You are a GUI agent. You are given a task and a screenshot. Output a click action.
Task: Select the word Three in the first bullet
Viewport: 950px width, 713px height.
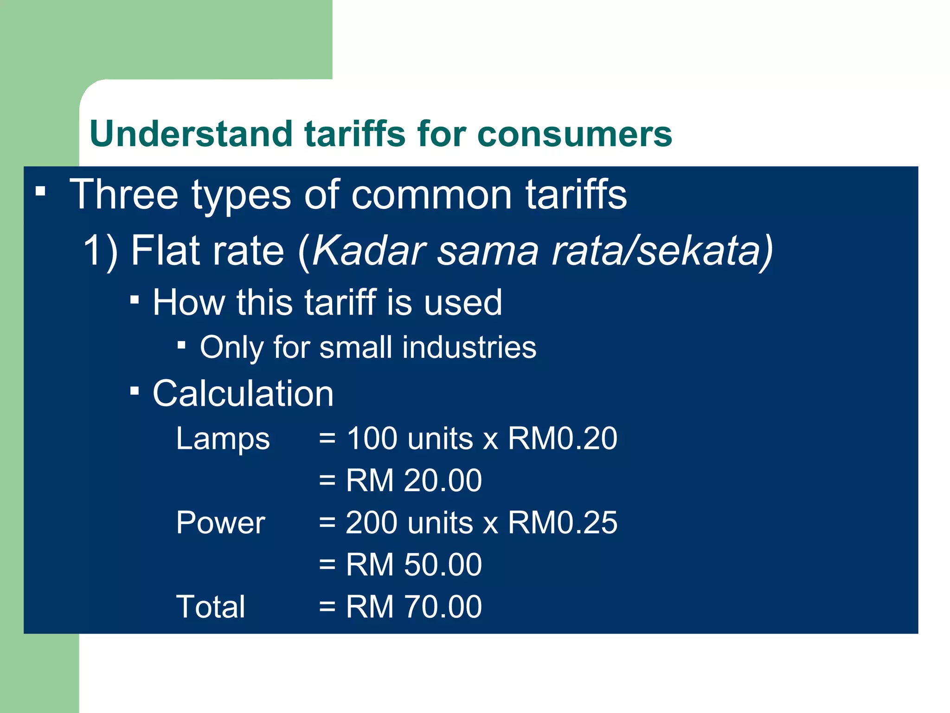click(x=124, y=194)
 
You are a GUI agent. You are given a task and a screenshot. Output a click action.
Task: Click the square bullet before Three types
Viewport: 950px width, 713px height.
click(x=41, y=191)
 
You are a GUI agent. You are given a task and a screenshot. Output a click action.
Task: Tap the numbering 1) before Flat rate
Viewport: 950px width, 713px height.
click(x=100, y=251)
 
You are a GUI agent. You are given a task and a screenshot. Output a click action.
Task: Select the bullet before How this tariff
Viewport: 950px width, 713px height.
click(x=135, y=300)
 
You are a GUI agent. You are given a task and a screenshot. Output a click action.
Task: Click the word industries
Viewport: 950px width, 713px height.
click(x=469, y=347)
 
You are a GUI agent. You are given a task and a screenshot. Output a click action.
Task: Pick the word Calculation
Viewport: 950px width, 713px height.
click(x=243, y=394)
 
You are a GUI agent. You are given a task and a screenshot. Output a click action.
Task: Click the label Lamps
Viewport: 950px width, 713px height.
click(x=223, y=439)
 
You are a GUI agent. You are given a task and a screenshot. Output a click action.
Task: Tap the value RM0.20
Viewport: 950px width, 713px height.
click(x=562, y=438)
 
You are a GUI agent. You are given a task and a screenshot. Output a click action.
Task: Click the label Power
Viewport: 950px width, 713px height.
click(x=220, y=523)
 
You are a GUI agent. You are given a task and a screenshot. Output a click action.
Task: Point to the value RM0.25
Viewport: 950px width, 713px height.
click(x=562, y=523)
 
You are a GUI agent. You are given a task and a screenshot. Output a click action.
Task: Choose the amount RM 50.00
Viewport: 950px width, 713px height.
click(x=414, y=564)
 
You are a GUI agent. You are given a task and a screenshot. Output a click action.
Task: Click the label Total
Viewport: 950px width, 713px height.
click(x=211, y=607)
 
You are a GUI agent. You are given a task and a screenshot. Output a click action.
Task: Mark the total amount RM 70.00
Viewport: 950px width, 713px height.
click(x=414, y=607)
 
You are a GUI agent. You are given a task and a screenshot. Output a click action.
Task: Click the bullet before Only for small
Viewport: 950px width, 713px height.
click(x=182, y=345)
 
